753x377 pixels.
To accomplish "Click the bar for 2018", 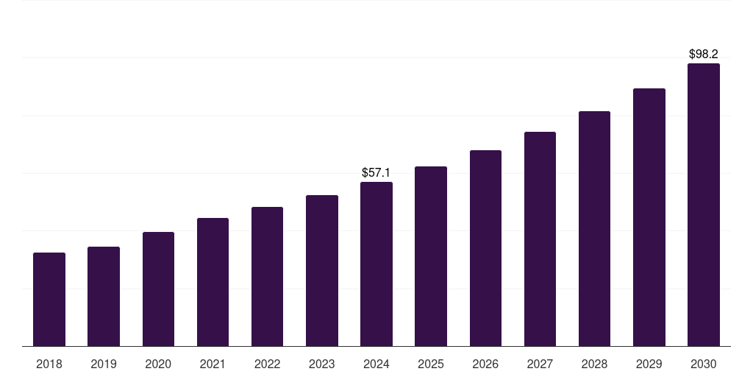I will point(49,299).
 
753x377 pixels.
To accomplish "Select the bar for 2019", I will point(104,296).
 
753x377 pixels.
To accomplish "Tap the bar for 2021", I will point(213,282).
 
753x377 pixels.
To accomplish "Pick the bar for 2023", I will point(322,270).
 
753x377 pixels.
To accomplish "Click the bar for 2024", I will point(376,264).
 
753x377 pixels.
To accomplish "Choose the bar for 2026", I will point(485,248).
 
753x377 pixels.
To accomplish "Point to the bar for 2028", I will point(594,228).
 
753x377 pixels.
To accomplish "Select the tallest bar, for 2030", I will point(704,205).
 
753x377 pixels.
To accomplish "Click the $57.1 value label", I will point(376,172).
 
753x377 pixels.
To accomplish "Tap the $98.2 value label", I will point(704,54).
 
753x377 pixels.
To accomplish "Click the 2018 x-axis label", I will point(49,364).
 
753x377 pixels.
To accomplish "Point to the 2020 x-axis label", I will point(158,364).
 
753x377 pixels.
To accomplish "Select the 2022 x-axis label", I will point(267,364).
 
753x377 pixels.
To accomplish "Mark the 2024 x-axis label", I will point(376,364).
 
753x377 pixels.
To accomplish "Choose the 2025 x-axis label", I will point(431,364).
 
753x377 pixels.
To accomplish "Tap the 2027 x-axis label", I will point(540,364).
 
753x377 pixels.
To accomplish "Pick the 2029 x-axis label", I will point(649,364).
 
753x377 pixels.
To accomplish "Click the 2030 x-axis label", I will point(704,364).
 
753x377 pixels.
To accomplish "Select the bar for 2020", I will point(158,289).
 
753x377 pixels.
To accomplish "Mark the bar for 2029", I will point(649,217).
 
